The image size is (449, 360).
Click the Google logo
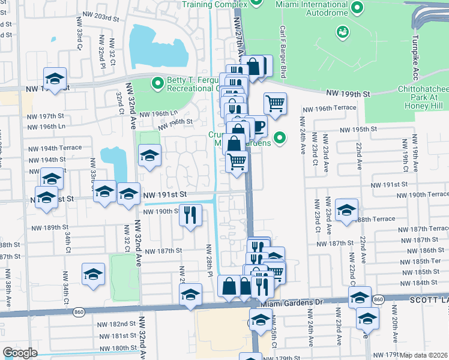pyautogui.click(x=20, y=353)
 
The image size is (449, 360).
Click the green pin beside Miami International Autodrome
pyautogui.click(x=358, y=8)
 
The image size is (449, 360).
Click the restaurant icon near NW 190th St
pyautogui.click(x=190, y=215)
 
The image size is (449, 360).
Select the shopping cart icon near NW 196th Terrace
pyautogui.click(x=275, y=103)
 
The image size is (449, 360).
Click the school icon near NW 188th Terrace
pyautogui.click(x=346, y=210)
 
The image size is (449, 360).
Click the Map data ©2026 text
pyautogui.click(x=424, y=355)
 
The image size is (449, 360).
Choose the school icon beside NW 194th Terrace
pyautogui.click(x=149, y=157)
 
